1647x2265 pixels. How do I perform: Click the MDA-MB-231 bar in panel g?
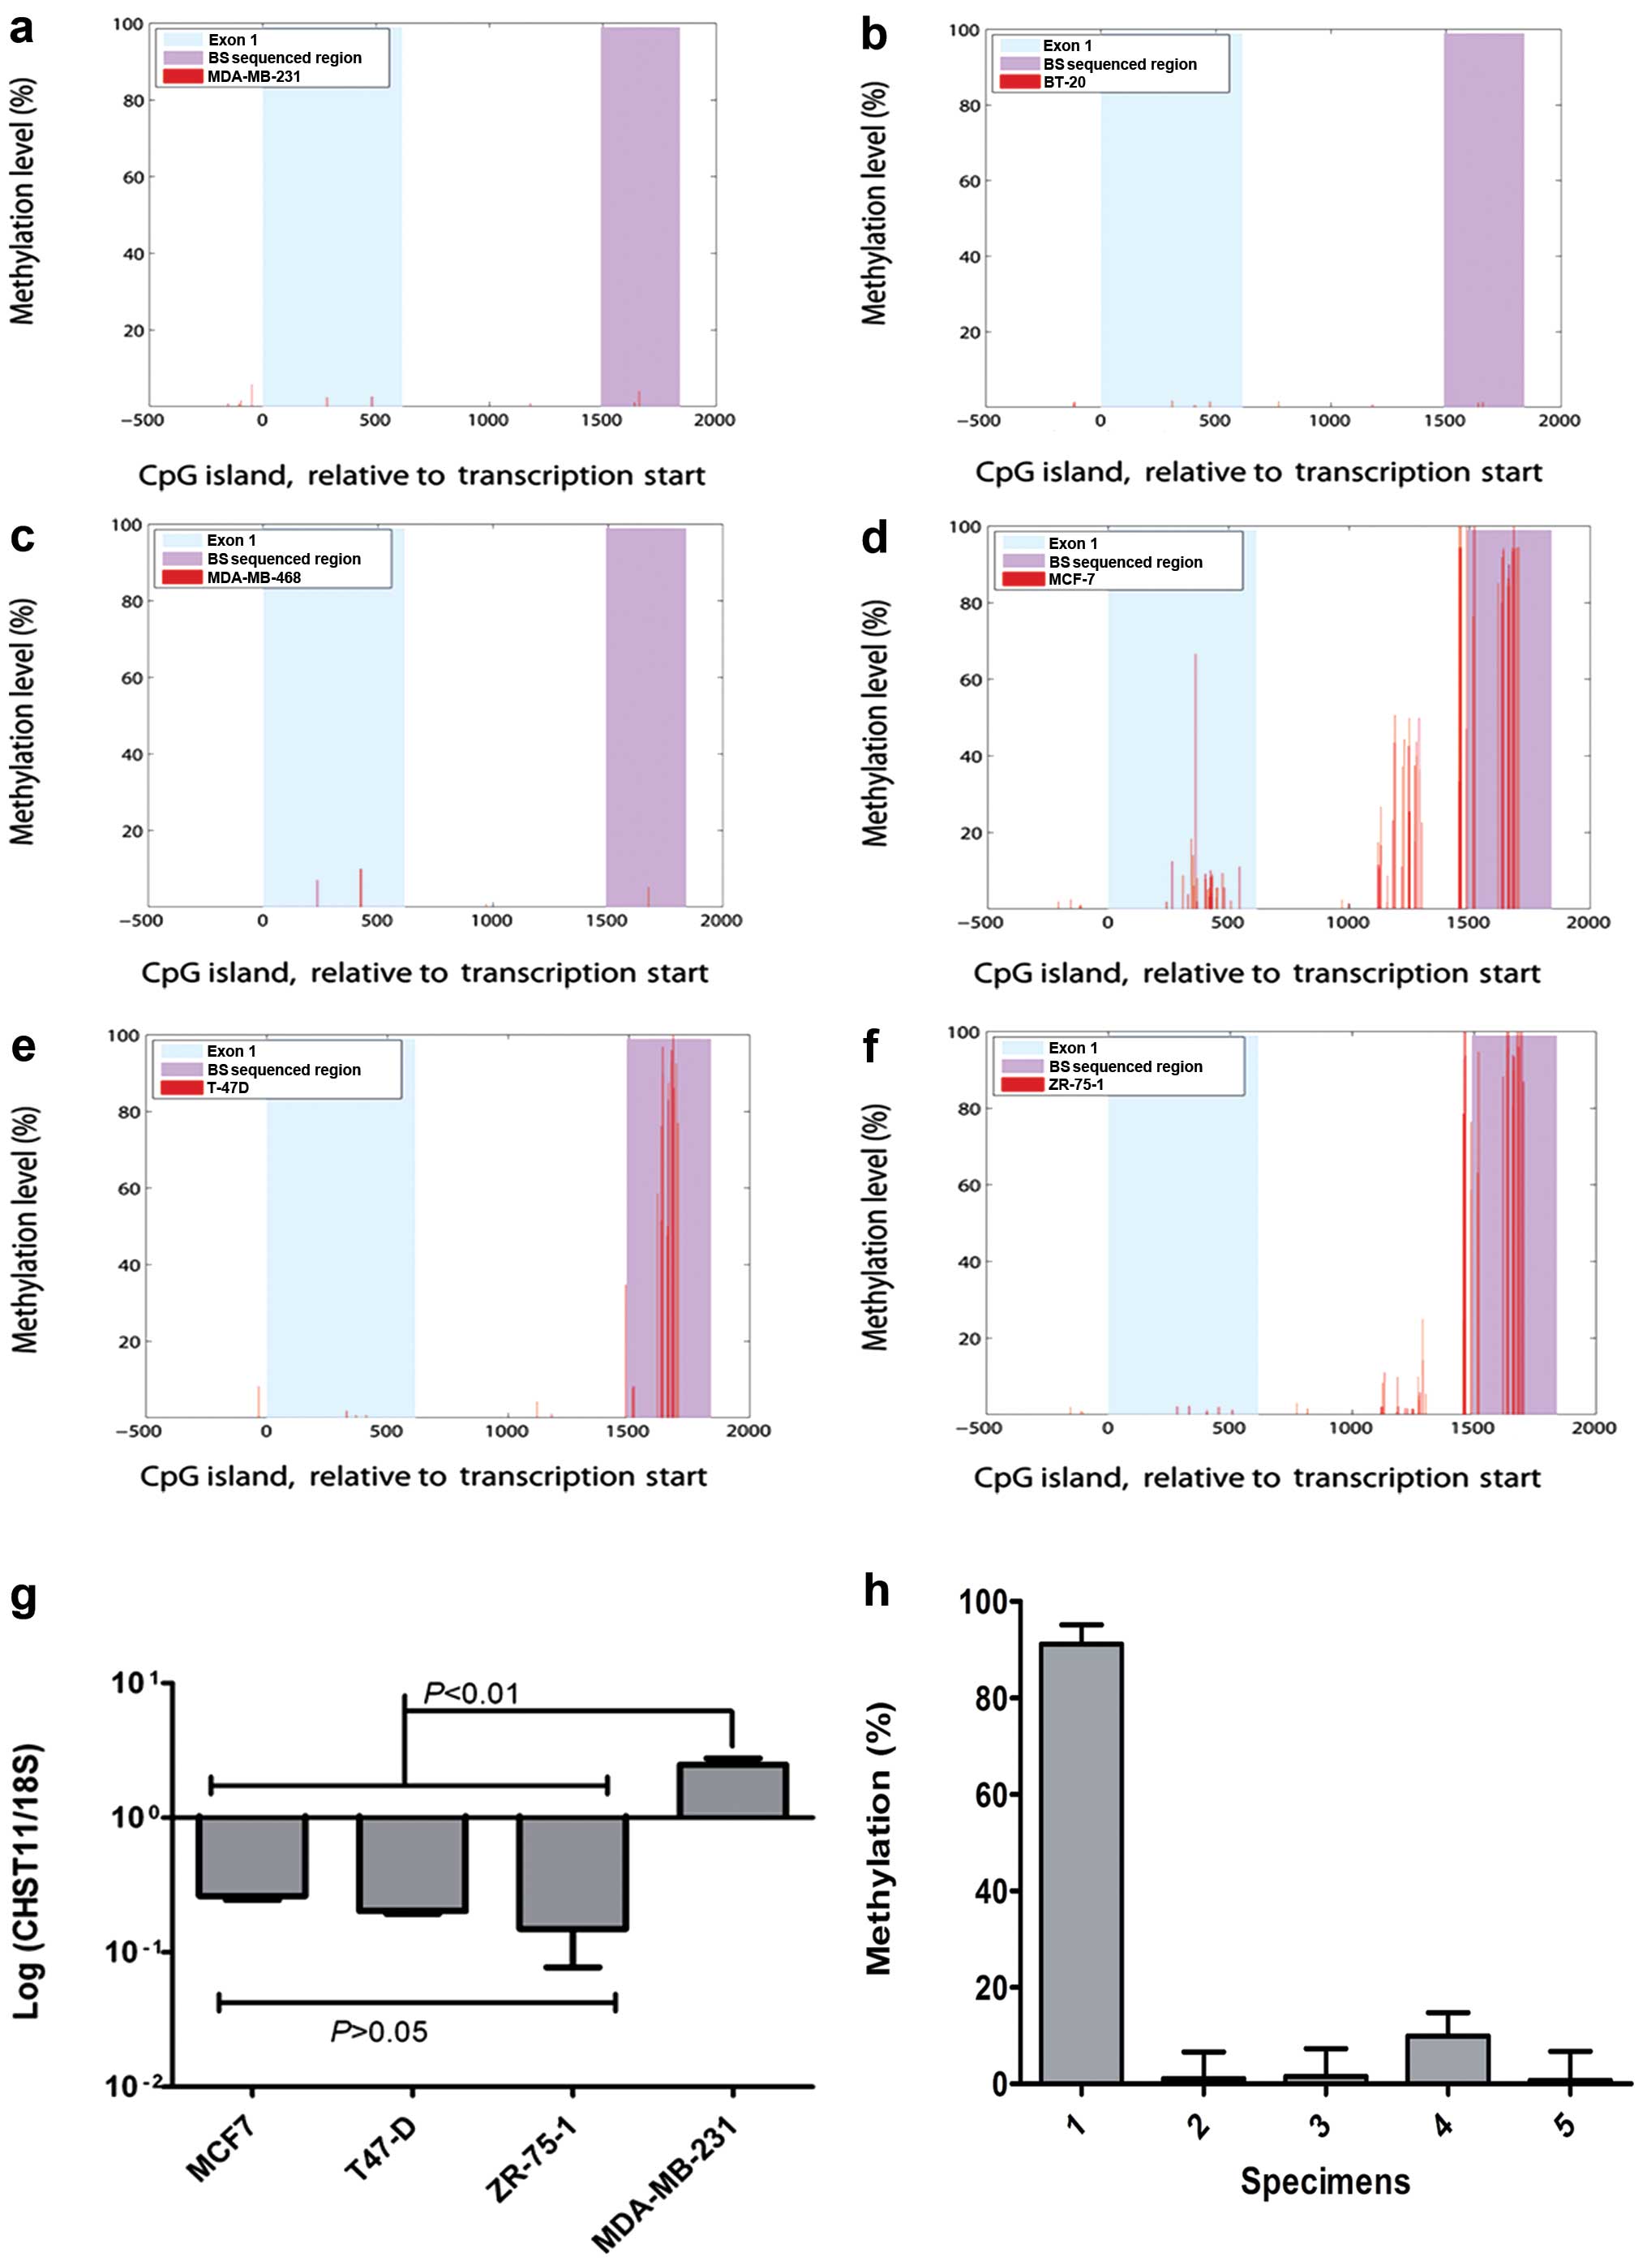point(732,1790)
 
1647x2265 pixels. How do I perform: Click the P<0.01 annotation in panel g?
point(471,1694)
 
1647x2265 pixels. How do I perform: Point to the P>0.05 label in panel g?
point(379,2031)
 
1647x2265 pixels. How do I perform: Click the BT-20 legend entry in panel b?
point(1064,82)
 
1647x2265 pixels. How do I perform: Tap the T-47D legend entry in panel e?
point(228,1087)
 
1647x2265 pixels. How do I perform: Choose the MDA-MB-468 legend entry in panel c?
point(254,577)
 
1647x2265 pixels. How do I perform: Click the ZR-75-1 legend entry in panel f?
point(1075,1084)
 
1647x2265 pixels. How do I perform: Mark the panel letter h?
point(876,1591)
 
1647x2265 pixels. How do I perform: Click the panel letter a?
point(21,30)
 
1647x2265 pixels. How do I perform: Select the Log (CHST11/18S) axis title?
point(28,1881)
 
